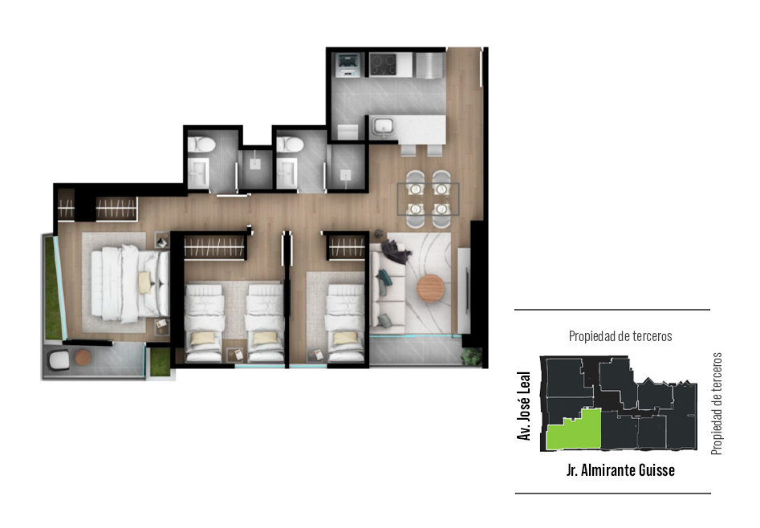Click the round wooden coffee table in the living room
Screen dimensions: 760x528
coord(430,289)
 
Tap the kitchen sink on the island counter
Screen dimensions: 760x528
coord(384,127)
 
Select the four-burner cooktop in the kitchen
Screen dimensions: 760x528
coord(383,65)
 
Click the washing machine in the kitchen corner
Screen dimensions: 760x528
coord(348,65)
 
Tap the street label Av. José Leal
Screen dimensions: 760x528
coord(523,406)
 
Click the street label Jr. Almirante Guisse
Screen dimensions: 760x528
coord(620,470)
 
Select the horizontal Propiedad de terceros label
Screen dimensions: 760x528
coord(620,336)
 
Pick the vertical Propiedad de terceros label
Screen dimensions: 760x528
coord(717,404)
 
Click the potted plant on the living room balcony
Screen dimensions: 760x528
coord(472,357)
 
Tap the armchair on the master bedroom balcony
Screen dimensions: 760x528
coord(59,361)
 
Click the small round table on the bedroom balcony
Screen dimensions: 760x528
coord(83,358)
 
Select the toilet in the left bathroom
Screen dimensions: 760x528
coord(201,144)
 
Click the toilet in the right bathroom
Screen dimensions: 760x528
coord(290,144)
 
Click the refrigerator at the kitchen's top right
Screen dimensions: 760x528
coord(430,65)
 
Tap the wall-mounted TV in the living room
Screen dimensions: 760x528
coord(467,290)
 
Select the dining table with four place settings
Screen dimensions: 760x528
coord(428,199)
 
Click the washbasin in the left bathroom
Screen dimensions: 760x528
coord(197,173)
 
